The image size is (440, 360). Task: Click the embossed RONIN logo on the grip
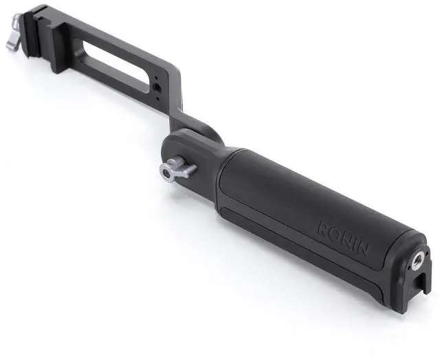point(343,238)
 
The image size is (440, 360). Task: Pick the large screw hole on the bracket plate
point(156,88)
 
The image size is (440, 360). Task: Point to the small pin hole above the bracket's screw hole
point(157,78)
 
